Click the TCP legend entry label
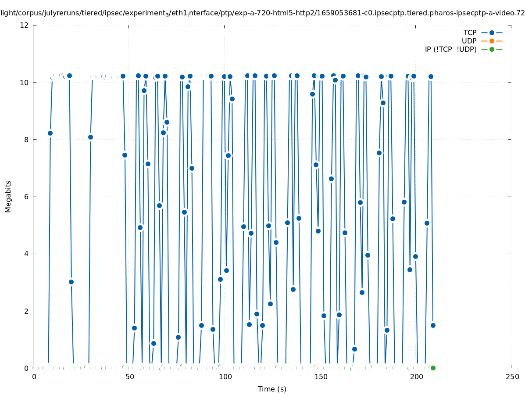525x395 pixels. point(470,32)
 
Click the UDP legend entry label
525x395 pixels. point(469,41)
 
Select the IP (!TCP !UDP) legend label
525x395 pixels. point(450,49)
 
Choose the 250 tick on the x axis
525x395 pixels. point(511,377)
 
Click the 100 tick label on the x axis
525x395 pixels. point(225,377)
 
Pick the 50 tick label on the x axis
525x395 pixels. point(129,377)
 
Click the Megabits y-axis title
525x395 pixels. point(8,196)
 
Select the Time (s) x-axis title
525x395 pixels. point(272,389)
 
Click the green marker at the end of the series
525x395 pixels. point(433,368)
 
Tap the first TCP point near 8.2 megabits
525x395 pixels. point(50,133)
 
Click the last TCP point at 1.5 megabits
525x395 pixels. point(433,325)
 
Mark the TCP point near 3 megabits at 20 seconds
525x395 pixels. point(71,282)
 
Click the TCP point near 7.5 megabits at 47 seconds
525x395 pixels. point(125,155)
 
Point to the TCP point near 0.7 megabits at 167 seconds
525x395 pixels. point(354,349)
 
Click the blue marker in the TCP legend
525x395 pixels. point(492,32)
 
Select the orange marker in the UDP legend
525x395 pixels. point(492,41)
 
